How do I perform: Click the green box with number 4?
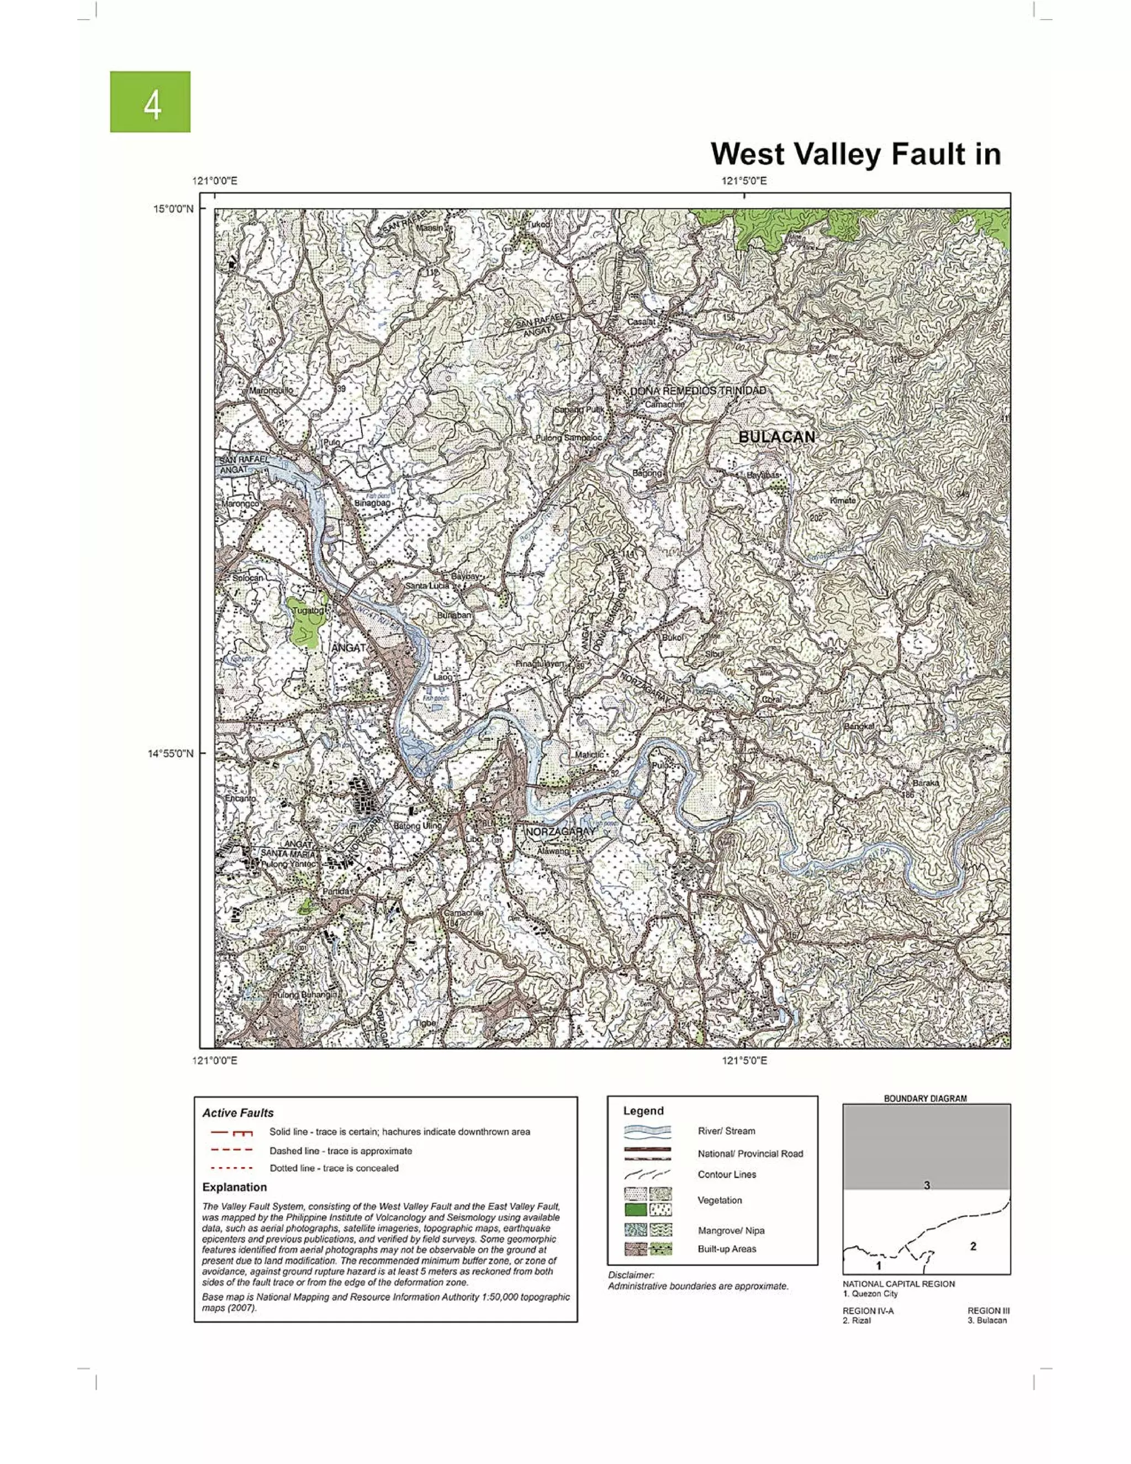[x=150, y=102]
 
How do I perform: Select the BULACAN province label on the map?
[x=776, y=437]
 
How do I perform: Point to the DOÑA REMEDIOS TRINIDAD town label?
[x=697, y=391]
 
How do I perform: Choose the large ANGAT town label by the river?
[x=349, y=647]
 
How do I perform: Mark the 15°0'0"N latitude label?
[x=173, y=208]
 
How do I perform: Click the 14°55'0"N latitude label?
[x=170, y=754]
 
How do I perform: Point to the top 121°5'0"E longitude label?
[x=744, y=181]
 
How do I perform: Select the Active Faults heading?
[x=238, y=1113]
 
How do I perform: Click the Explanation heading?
[x=235, y=1187]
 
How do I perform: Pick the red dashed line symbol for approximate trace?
[x=231, y=1150]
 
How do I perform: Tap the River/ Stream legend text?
[x=726, y=1131]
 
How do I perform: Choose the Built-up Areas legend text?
[x=727, y=1249]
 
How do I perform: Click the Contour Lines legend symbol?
[x=647, y=1175]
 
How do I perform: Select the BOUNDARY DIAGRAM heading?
[x=926, y=1098]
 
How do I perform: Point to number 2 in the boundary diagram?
[x=973, y=1246]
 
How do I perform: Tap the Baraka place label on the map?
[x=926, y=783]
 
